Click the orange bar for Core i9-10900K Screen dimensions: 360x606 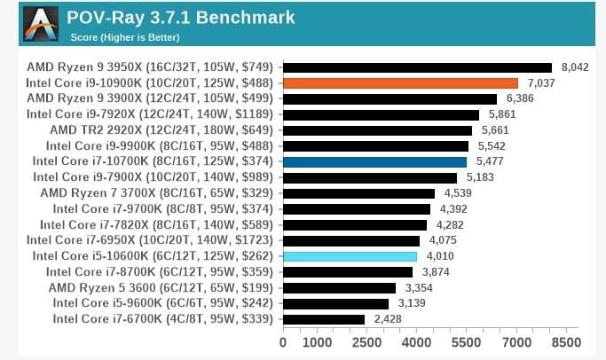(400, 82)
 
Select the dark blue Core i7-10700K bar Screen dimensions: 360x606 (374, 161)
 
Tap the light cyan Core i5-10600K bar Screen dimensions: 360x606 (350, 256)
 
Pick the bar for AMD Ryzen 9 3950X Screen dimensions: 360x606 (417, 67)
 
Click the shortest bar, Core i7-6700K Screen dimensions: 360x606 (324, 319)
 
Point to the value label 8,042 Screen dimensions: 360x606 (576, 67)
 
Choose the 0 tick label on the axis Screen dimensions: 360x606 (283, 342)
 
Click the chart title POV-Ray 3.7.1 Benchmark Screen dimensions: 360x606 (182, 18)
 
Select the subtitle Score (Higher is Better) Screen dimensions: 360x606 (124, 37)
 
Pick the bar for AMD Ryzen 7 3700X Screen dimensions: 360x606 (358, 192)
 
